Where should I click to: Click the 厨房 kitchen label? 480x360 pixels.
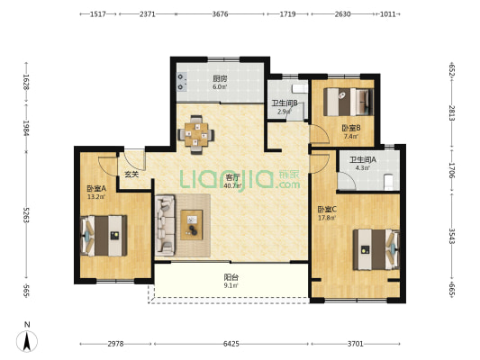coord(220,78)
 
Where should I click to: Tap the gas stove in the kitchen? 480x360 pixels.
coord(182,82)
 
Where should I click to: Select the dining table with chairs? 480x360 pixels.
coord(196,135)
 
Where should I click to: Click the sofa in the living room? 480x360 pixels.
coord(165,225)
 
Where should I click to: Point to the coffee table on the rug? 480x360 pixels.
coord(192,225)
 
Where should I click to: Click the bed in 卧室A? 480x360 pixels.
coord(104,236)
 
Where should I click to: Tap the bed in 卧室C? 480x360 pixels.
coord(376,249)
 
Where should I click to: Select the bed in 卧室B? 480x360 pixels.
coord(349,102)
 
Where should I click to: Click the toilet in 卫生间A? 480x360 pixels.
coord(388,182)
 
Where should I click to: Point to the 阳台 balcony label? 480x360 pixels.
coord(231,277)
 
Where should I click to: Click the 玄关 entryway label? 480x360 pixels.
coord(131,175)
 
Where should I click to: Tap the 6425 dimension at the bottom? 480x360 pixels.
coord(231,344)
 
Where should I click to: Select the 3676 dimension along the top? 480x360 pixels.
coord(220,14)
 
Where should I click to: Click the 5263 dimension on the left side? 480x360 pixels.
coord(26,215)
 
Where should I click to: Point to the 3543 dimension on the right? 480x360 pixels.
coord(452,236)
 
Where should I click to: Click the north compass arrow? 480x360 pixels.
coord(27,341)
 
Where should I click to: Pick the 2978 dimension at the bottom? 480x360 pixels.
coord(115,344)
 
